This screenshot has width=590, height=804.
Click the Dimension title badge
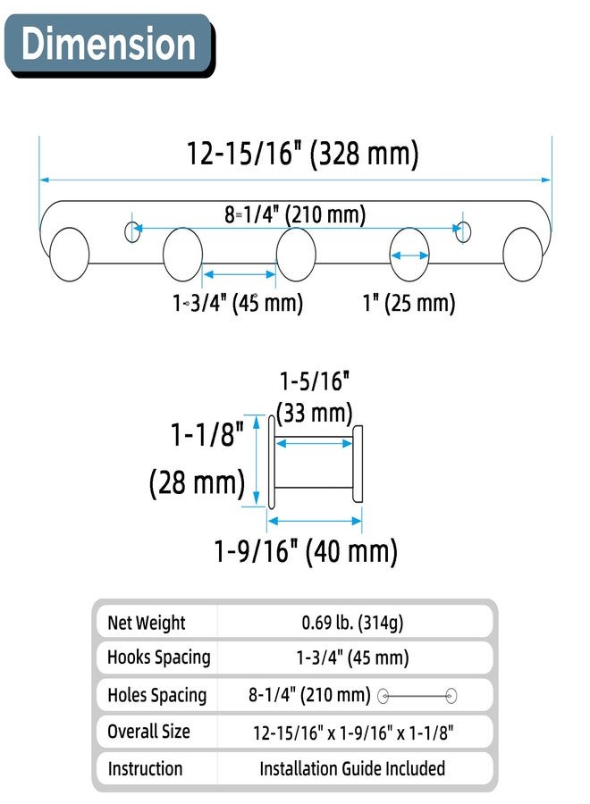pyautogui.click(x=109, y=46)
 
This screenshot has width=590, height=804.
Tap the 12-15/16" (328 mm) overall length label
pyautogui.click(x=302, y=154)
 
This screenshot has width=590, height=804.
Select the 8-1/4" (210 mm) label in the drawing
pyautogui.click(x=295, y=214)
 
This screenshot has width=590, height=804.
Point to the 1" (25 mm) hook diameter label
pyautogui.click(x=409, y=303)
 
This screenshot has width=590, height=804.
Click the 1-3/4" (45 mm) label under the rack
pyautogui.click(x=238, y=303)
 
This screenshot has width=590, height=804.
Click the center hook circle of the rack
pyautogui.click(x=296, y=255)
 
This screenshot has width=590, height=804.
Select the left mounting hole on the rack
pyautogui.click(x=132, y=231)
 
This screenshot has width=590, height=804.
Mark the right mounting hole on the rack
pyautogui.click(x=463, y=231)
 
